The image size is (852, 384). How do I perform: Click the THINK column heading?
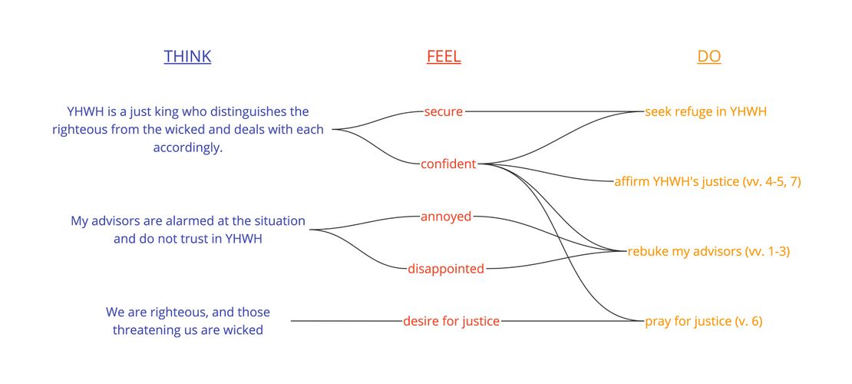(x=187, y=56)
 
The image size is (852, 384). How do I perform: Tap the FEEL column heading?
(x=444, y=56)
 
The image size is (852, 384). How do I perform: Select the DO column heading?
(x=708, y=56)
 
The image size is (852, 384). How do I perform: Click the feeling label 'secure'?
(x=443, y=111)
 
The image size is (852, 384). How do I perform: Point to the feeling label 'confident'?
(x=448, y=164)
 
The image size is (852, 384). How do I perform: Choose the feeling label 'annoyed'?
(x=445, y=217)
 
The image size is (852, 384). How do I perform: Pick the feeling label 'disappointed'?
(x=446, y=269)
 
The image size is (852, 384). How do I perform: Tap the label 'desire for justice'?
(x=451, y=321)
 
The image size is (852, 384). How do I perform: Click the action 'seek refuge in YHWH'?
(x=705, y=111)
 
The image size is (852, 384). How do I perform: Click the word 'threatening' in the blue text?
(x=147, y=330)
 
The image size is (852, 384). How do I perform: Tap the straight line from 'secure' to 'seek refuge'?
(x=553, y=111)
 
